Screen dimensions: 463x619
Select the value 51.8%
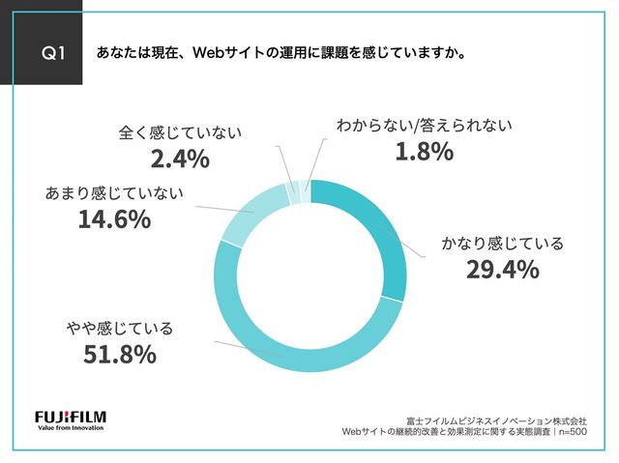(119, 355)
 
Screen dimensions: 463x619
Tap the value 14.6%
(113, 219)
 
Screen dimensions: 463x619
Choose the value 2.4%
(179, 158)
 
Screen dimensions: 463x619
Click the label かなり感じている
(502, 243)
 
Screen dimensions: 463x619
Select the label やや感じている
(120, 329)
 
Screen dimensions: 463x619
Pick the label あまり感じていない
(114, 193)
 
